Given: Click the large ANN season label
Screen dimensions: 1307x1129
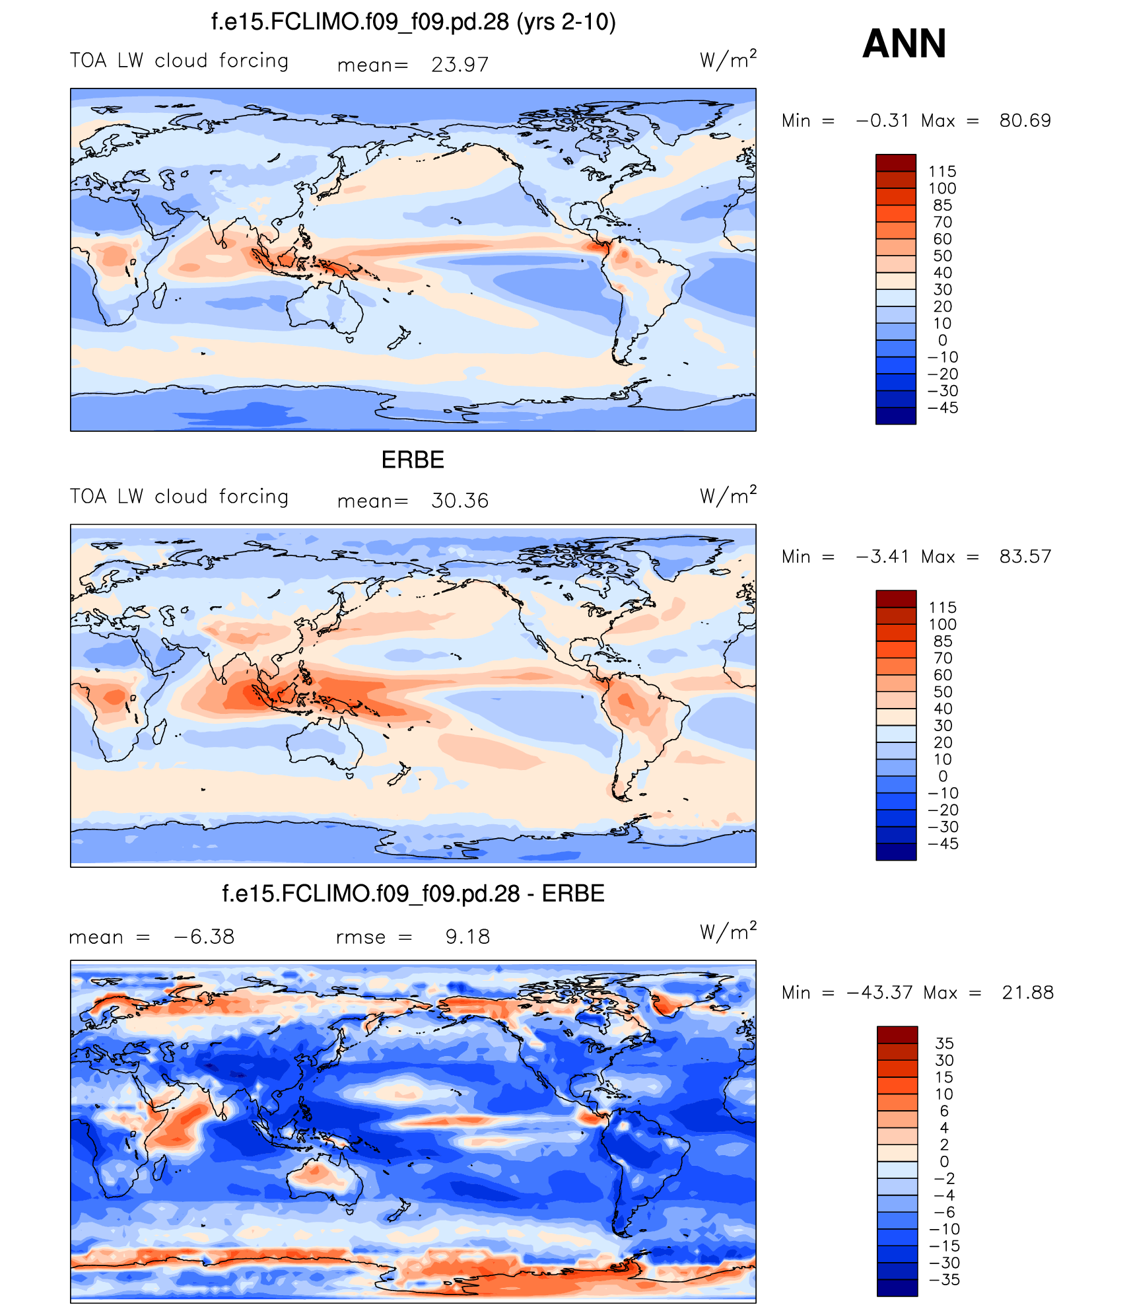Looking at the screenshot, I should click(904, 44).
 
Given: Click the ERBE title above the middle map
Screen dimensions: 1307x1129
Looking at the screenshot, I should click(413, 460).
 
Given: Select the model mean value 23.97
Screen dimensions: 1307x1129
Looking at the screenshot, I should click(460, 65).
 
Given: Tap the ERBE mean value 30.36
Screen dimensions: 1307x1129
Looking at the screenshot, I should click(460, 501).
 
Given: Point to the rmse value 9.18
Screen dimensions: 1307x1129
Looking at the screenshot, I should click(467, 936).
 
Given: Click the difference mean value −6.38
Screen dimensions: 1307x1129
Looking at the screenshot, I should click(203, 936).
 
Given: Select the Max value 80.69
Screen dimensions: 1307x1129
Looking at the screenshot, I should click(1025, 120).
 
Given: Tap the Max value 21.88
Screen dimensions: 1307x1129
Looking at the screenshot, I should click(1027, 992).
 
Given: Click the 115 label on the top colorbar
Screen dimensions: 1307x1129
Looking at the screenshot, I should click(942, 172).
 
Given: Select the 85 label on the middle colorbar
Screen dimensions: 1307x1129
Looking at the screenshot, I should click(942, 641).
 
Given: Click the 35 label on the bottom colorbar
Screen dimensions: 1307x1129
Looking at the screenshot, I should click(944, 1043).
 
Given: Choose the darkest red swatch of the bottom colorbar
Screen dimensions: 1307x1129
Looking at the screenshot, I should click(897, 1035).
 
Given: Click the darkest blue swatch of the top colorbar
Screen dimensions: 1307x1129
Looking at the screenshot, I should click(895, 416).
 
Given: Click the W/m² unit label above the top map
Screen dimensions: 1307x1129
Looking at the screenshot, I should click(728, 59).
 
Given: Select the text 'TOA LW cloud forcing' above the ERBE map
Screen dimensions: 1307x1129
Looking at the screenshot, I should click(180, 497).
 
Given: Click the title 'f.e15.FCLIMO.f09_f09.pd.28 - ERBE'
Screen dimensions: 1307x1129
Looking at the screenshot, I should click(413, 894).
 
